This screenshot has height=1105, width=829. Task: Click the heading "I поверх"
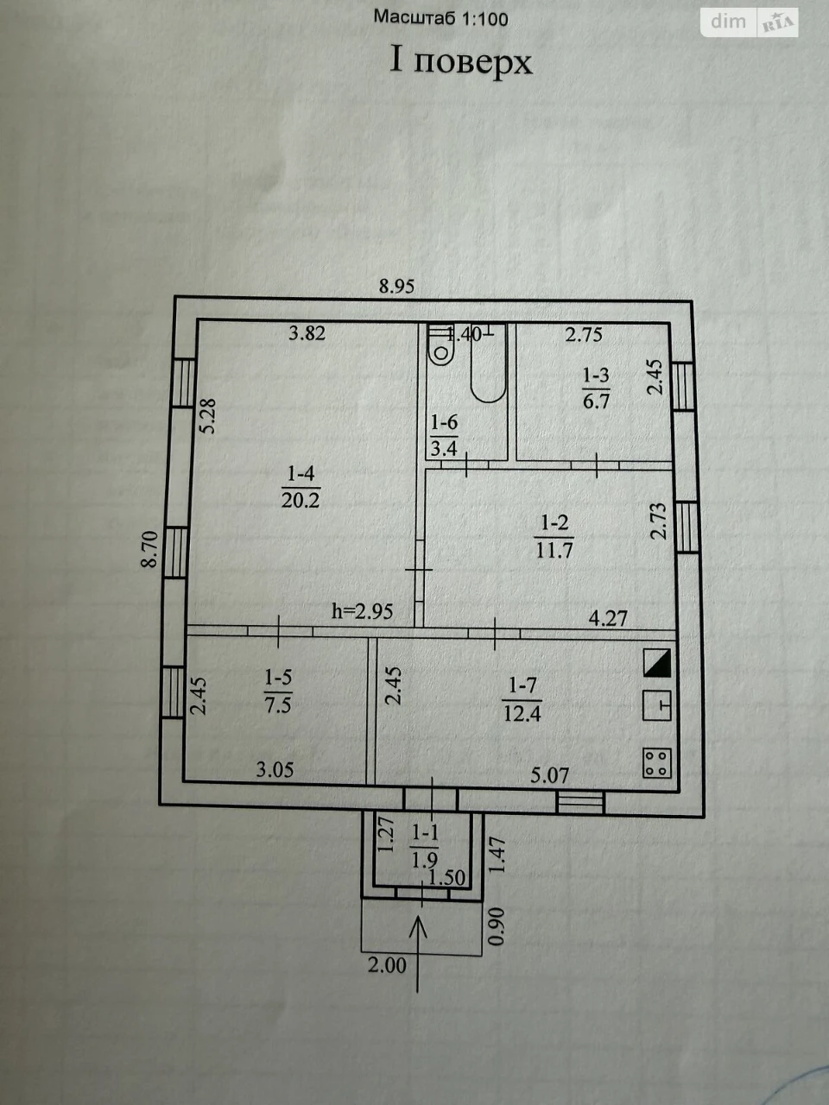pos(461,62)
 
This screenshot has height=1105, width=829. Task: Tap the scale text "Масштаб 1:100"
pos(441,19)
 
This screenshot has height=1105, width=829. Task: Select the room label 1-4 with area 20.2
pos(301,487)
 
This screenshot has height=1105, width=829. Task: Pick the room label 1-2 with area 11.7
pos(554,537)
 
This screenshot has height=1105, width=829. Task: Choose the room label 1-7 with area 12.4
pos(522,699)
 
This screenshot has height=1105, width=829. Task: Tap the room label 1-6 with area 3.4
pos(445,435)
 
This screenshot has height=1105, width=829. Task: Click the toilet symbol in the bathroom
pos(441,345)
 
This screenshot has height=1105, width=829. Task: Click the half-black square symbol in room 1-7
pos(657,663)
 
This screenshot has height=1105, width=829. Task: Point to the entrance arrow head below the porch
pos(418,927)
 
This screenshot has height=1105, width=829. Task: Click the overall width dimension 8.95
pos(396,287)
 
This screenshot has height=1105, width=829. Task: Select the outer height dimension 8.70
pos(150,550)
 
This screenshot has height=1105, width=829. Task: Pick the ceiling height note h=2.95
pos(363,611)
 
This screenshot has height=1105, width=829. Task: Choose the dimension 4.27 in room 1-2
pos(608,618)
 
